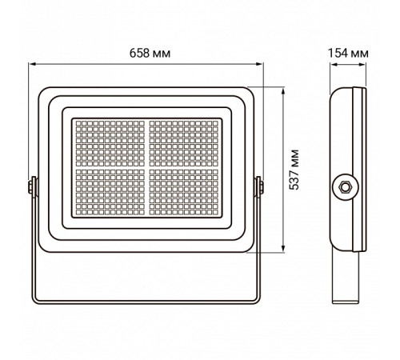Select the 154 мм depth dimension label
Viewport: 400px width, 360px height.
[x=348, y=53]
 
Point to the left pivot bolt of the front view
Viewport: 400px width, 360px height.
[x=32, y=186]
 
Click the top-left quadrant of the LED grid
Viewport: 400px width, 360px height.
[x=110, y=142]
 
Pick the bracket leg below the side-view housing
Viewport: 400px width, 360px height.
[x=345, y=276]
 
